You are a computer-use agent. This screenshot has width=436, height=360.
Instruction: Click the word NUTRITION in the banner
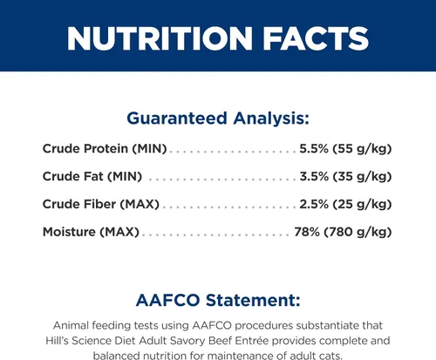click(160, 38)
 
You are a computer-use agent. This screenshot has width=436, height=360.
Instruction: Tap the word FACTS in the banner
click(316, 38)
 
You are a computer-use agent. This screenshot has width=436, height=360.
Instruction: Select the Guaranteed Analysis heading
click(218, 119)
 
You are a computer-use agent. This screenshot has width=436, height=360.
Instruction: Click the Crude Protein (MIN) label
click(105, 149)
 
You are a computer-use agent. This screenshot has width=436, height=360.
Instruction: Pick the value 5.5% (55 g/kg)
click(345, 149)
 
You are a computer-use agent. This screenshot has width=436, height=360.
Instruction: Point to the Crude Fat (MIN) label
click(92, 176)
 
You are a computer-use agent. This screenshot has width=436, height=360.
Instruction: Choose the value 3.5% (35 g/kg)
click(345, 176)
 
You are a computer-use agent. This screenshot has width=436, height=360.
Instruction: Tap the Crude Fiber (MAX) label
click(101, 204)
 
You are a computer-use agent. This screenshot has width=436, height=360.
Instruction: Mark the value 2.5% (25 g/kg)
click(345, 204)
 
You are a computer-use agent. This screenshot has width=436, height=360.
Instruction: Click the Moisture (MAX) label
click(91, 232)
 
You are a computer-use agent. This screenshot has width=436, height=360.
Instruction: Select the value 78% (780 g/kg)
click(343, 232)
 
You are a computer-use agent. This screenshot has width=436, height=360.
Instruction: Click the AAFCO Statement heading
click(218, 300)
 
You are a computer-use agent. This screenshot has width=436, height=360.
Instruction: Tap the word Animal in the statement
click(71, 325)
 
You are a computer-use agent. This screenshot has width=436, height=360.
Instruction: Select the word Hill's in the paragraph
click(57, 341)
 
